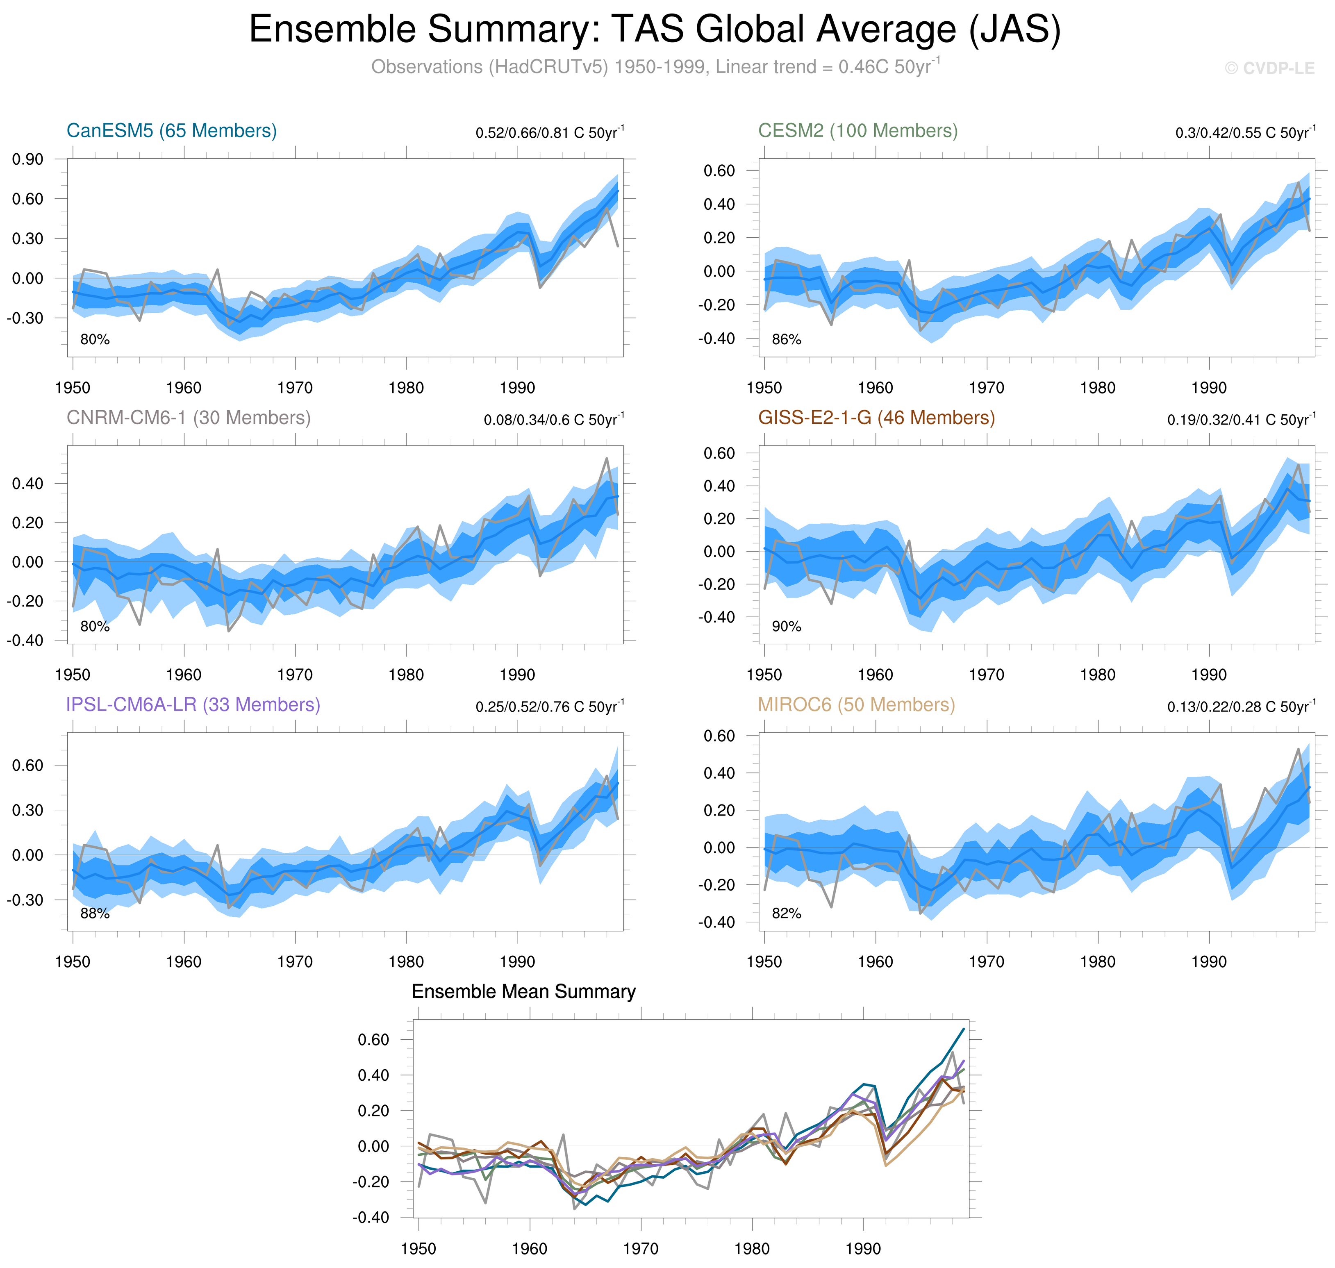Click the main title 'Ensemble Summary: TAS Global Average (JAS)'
pyautogui.click(x=654, y=30)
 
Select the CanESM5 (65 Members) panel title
pyautogui.click(x=172, y=130)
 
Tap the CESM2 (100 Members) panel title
pyautogui.click(x=857, y=130)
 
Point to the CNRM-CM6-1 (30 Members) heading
pyautogui.click(x=189, y=418)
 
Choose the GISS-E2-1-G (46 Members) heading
pyautogui.click(x=876, y=418)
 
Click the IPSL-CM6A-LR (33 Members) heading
pyautogui.click(x=193, y=704)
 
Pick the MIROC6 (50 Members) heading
pyautogui.click(x=856, y=704)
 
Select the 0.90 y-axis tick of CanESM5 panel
pyautogui.click(x=28, y=159)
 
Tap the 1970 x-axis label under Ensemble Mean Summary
pyautogui.click(x=640, y=1248)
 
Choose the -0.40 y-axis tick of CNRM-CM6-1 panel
pyautogui.click(x=25, y=640)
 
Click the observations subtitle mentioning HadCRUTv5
pyautogui.click(x=654, y=67)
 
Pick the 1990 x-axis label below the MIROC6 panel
pyautogui.click(x=1209, y=961)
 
